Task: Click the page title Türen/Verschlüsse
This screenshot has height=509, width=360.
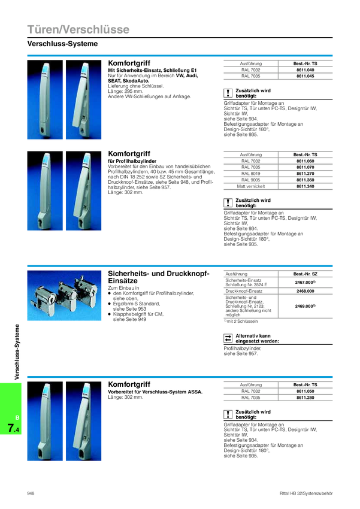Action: (78, 29)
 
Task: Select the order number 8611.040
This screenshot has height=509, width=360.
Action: (305, 70)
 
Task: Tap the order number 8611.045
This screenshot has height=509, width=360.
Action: (305, 76)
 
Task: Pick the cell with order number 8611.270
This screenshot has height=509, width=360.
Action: (305, 174)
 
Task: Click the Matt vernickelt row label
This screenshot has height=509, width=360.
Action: (250, 186)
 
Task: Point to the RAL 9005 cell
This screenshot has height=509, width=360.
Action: (250, 180)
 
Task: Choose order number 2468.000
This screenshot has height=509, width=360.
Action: (305, 291)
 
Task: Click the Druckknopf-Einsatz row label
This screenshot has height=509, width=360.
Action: (244, 291)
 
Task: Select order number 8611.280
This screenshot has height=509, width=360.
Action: (305, 398)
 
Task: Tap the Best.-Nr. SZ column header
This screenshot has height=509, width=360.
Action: (305, 274)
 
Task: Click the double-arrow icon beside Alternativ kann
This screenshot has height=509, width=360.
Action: (228, 338)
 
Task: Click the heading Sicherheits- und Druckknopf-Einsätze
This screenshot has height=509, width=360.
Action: (158, 277)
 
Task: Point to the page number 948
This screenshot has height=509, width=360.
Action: (31, 493)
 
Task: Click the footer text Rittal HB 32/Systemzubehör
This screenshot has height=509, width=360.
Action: (306, 493)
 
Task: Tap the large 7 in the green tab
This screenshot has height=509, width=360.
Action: (11, 428)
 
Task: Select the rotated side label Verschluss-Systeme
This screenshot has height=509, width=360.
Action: (17, 352)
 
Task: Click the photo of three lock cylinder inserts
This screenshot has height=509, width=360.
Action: (64, 295)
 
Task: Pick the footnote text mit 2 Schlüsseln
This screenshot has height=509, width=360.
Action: (242, 321)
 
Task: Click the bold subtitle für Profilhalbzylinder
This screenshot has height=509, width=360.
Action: (132, 161)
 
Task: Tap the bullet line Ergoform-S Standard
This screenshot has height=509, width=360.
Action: (137, 304)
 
